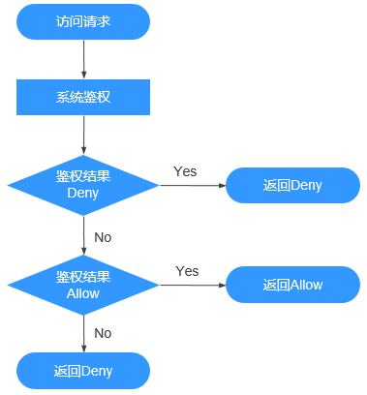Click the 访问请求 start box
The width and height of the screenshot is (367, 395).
(x=83, y=21)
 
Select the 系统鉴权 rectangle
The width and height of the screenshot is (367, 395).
(x=83, y=97)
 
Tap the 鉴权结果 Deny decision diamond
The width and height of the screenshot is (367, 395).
(x=83, y=184)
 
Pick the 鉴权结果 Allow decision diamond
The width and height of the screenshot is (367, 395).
(x=83, y=285)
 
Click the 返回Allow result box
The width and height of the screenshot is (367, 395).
(x=291, y=286)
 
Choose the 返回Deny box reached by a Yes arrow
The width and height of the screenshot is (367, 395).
(x=291, y=185)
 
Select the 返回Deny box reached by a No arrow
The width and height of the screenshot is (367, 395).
(x=83, y=371)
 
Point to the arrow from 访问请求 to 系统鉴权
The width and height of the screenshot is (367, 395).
(x=84, y=59)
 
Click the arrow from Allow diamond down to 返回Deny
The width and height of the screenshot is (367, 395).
(x=84, y=333)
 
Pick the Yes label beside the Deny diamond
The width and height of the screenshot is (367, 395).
(x=185, y=171)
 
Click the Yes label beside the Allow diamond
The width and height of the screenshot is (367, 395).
(x=187, y=271)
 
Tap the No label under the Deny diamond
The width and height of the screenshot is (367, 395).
(x=103, y=236)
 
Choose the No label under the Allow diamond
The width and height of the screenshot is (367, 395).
(x=103, y=333)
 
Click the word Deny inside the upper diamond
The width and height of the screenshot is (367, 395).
(x=83, y=193)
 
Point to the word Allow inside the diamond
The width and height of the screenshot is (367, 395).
(x=83, y=293)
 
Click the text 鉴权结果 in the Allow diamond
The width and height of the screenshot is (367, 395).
(x=83, y=277)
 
